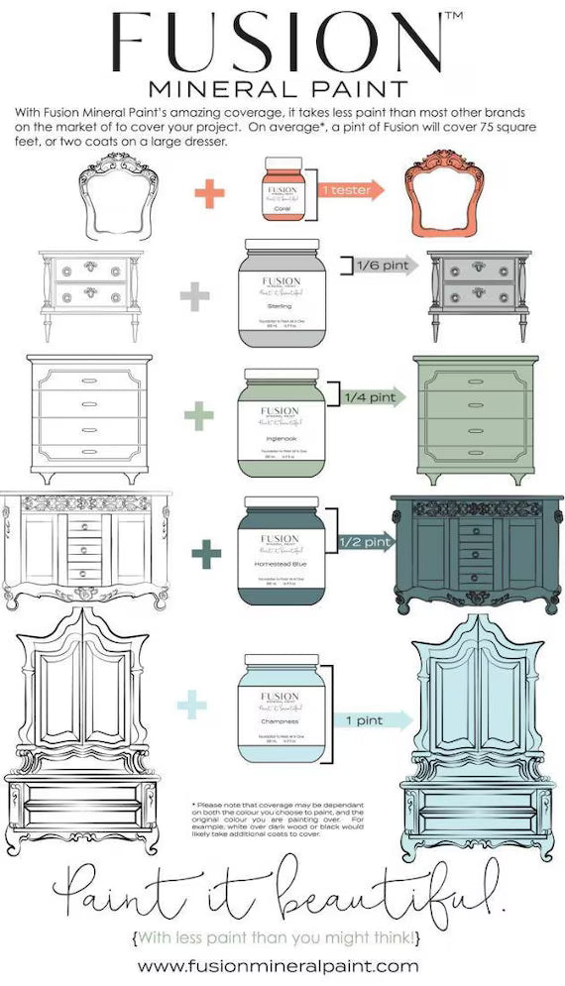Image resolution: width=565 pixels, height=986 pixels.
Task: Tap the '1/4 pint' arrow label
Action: click(372, 397)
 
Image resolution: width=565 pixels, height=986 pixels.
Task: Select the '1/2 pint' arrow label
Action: click(365, 541)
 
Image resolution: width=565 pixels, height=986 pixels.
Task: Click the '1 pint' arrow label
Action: click(370, 720)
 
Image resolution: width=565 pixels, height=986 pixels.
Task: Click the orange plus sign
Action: click(209, 193)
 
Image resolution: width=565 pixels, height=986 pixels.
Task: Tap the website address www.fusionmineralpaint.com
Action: click(279, 964)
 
